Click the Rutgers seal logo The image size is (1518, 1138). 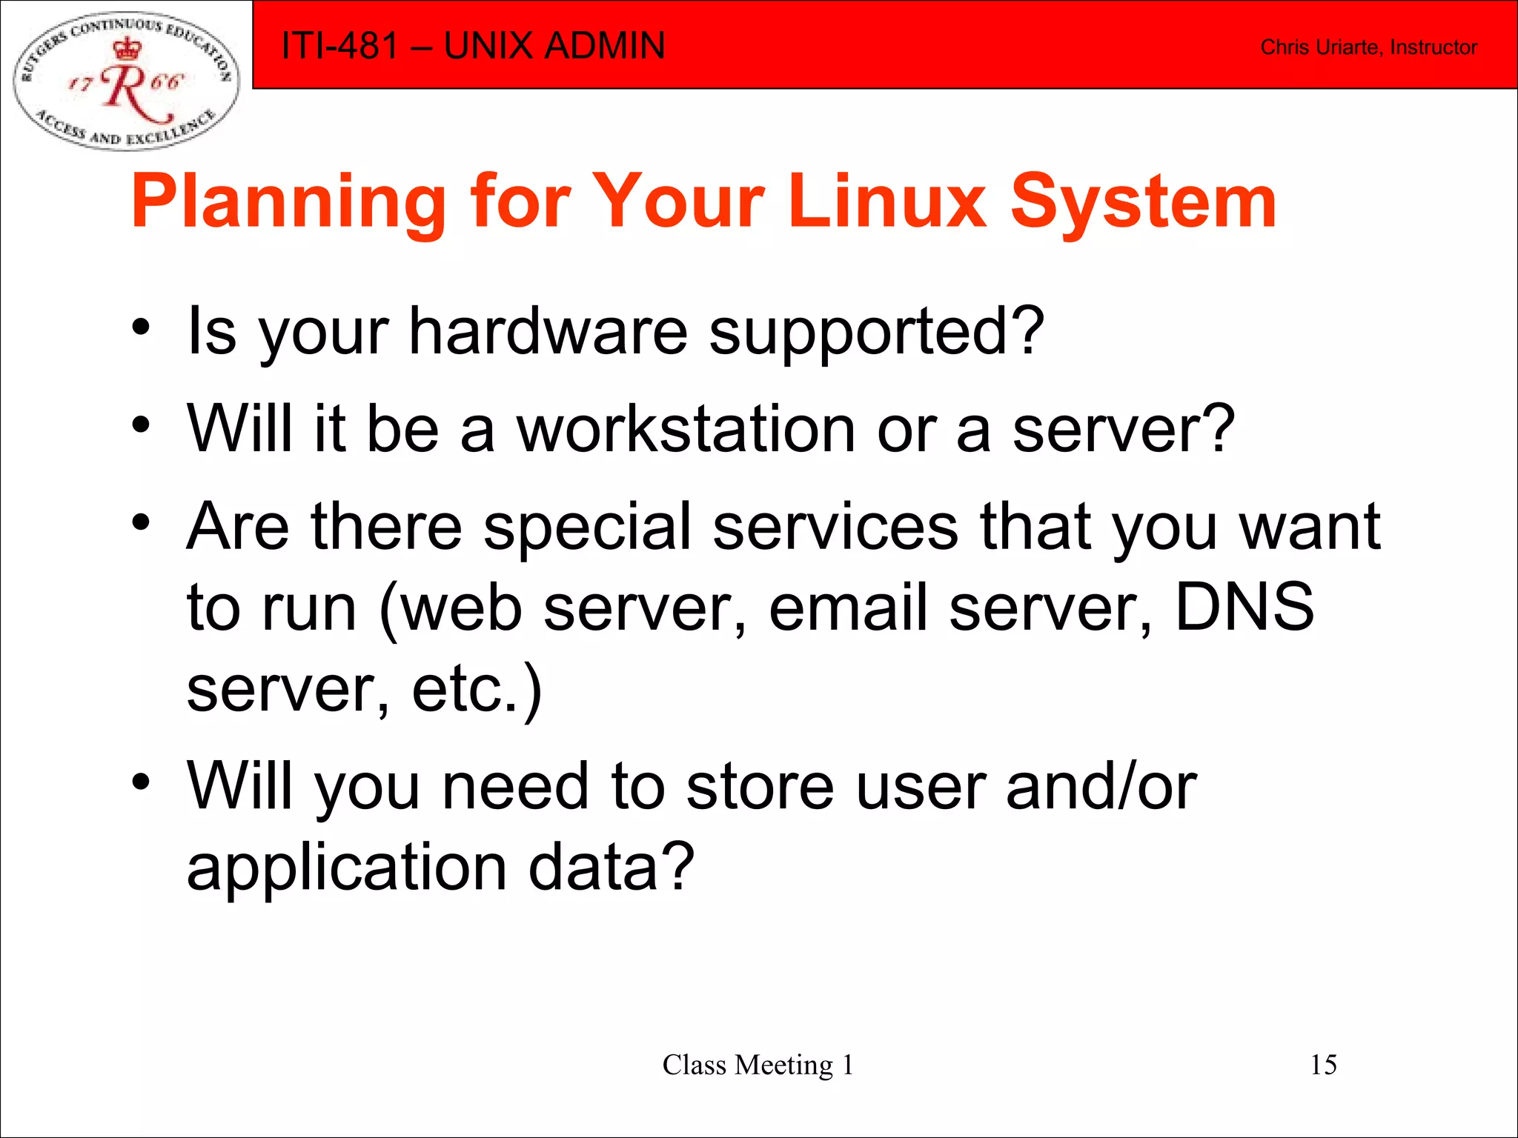click(x=126, y=80)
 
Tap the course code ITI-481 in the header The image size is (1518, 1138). click(x=340, y=46)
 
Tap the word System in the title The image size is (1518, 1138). click(x=1143, y=202)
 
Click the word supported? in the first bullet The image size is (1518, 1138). click(x=876, y=333)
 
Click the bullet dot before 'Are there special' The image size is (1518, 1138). click(x=141, y=522)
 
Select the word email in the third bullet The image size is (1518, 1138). click(x=849, y=608)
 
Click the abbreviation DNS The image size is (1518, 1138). click(x=1244, y=608)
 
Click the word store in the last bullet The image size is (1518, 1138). click(x=760, y=787)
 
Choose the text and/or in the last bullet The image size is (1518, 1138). click(x=1101, y=787)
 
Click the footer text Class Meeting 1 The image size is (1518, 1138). click(x=758, y=1065)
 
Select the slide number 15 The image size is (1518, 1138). click(x=1323, y=1065)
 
